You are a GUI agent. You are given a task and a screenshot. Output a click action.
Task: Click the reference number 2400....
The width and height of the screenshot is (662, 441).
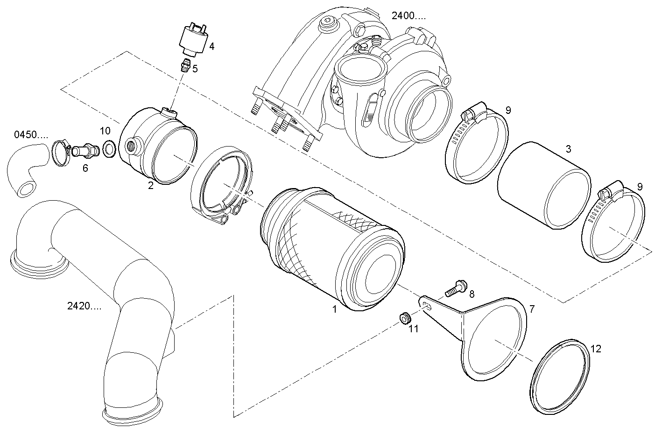click(x=408, y=16)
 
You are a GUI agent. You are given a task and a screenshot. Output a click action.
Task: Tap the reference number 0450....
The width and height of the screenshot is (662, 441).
click(x=31, y=135)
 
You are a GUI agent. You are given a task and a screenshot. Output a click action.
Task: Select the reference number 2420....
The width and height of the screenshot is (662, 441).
click(x=84, y=307)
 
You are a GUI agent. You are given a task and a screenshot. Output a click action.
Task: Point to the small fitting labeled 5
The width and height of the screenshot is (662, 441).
click(x=185, y=66)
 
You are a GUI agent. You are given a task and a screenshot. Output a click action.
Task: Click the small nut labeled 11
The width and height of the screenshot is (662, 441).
click(x=404, y=318)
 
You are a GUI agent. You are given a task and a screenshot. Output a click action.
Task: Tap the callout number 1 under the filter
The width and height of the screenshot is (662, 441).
click(x=334, y=309)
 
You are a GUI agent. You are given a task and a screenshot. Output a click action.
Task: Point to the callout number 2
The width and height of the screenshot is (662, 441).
click(x=151, y=185)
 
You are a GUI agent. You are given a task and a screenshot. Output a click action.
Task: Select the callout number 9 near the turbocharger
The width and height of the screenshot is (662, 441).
click(x=508, y=110)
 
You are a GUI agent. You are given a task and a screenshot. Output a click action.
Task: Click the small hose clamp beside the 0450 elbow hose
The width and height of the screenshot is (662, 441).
click(x=60, y=153)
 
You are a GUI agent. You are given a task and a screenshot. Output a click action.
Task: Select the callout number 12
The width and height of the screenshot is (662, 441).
click(x=596, y=349)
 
